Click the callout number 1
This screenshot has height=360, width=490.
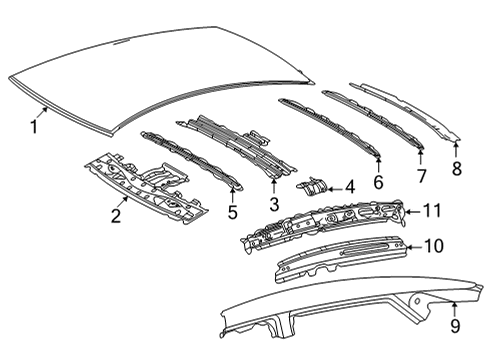[34, 127]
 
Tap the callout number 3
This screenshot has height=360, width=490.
[272, 205]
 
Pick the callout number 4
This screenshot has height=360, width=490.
[349, 186]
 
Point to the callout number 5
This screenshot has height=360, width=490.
[232, 212]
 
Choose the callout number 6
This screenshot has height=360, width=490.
[378, 182]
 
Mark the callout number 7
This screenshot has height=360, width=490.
[421, 175]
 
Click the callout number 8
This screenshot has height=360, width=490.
[457, 168]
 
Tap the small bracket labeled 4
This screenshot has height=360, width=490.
[313, 186]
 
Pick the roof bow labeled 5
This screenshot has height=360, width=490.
[190, 160]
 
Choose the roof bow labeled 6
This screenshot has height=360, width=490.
[330, 125]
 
